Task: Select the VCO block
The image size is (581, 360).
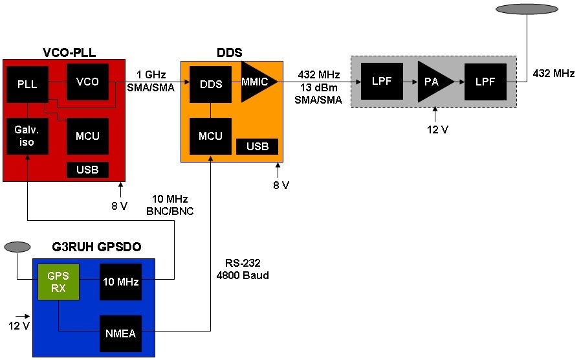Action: pyautogui.click(x=87, y=82)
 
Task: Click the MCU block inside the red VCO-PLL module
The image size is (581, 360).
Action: pyautogui.click(x=87, y=136)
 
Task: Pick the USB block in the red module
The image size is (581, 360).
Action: pyautogui.click(x=87, y=170)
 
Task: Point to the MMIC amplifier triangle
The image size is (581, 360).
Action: pyautogui.click(x=257, y=82)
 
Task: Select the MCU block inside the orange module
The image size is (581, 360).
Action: pyautogui.click(x=210, y=137)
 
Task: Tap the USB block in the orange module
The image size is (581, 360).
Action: pyautogui.click(x=257, y=146)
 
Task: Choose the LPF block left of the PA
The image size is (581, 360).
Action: pyautogui.click(x=381, y=82)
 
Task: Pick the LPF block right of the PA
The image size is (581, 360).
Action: pyautogui.click(x=485, y=82)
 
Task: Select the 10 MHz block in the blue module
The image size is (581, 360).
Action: pyautogui.click(x=120, y=282)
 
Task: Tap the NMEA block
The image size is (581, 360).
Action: pyautogui.click(x=120, y=333)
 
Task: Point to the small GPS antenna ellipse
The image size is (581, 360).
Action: pyautogui.click(x=17, y=247)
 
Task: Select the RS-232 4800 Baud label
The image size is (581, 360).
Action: pyautogui.click(x=243, y=269)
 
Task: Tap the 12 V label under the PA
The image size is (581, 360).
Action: pyautogui.click(x=437, y=129)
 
